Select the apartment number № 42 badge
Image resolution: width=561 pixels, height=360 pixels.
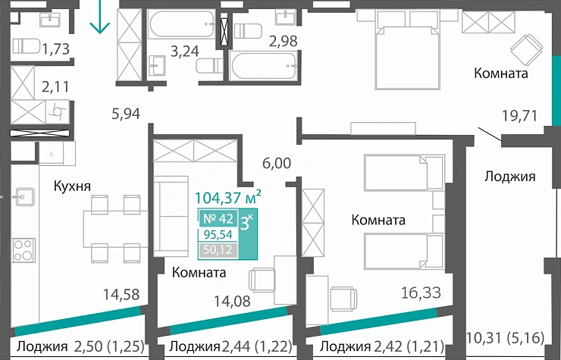218,220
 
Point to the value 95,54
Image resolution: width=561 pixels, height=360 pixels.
218,235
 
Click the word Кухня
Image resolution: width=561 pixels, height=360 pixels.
72,186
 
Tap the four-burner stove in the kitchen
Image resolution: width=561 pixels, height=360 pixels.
23,249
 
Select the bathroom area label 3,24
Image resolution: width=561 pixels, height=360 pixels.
185,52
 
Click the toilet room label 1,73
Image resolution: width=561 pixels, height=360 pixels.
56,50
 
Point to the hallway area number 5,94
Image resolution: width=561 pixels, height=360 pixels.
127,114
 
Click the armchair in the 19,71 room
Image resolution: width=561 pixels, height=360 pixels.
525,50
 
